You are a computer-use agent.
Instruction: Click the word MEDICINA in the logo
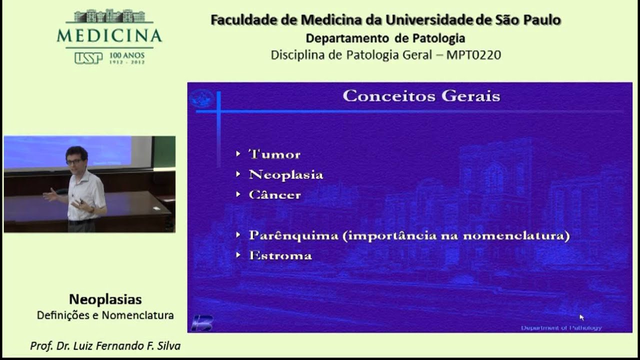(x=109, y=36)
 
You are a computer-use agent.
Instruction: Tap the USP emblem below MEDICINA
(x=88, y=58)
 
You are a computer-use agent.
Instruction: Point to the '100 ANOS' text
(x=126, y=55)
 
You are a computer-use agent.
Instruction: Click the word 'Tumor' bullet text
(x=274, y=154)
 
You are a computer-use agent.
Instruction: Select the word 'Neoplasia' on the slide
(x=285, y=175)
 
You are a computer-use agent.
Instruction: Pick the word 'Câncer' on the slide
(x=274, y=195)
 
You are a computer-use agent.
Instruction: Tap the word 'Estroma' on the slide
(x=280, y=256)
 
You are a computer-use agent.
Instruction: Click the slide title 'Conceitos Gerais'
(x=421, y=96)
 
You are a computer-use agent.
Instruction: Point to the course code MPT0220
(x=473, y=55)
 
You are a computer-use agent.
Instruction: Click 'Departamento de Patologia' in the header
(x=385, y=38)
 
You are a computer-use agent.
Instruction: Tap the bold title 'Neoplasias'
(x=105, y=299)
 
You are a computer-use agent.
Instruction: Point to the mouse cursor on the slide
(x=581, y=317)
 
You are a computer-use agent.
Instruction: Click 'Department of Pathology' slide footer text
(x=561, y=328)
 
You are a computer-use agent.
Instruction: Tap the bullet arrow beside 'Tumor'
(x=238, y=154)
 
